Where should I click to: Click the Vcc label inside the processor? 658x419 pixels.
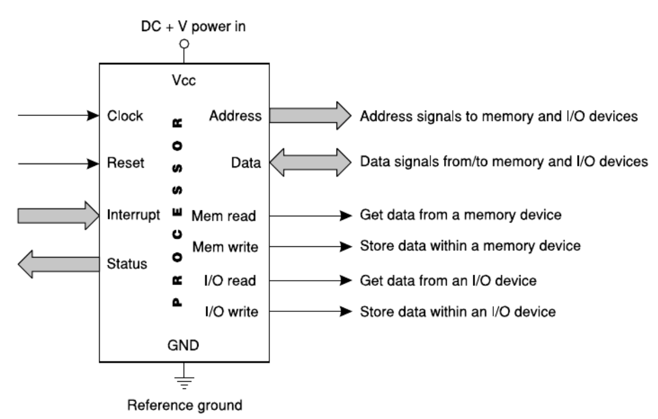[x=183, y=81]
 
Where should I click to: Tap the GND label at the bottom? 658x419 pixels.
[x=183, y=346]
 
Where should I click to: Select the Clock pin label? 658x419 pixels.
[x=125, y=116]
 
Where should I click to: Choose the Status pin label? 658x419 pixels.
[x=126, y=264]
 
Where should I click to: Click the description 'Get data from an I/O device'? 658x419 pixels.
[x=448, y=280]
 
